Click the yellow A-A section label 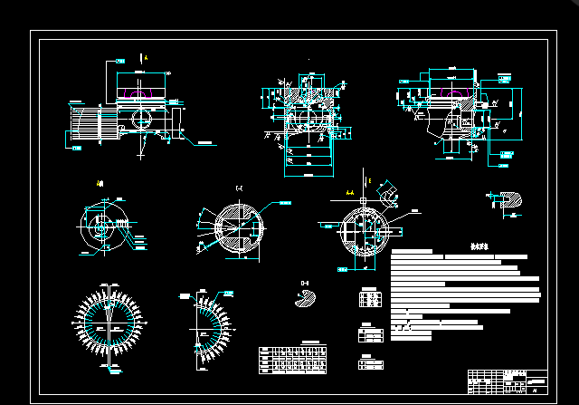click(350, 193)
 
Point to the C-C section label click(239, 188)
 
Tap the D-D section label click(305, 284)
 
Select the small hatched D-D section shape click(305, 301)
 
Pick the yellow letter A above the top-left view click(146, 58)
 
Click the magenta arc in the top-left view click(136, 92)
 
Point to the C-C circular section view click(239, 226)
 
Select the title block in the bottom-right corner click(508, 381)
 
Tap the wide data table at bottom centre click(293, 359)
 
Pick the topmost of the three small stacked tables click(369, 298)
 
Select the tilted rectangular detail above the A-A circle click(390, 193)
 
